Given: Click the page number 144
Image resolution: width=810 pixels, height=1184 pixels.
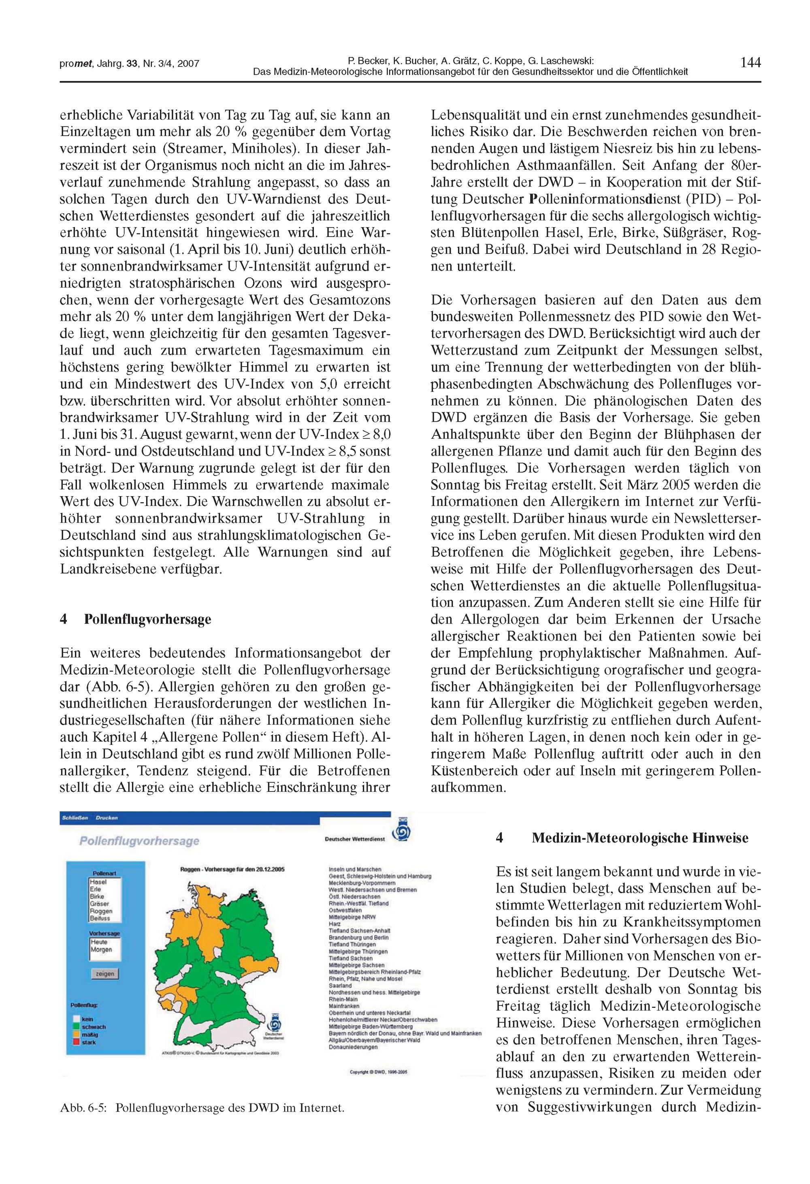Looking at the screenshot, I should [x=750, y=63].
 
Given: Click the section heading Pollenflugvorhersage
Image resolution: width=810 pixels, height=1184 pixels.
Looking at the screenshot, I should [x=147, y=619].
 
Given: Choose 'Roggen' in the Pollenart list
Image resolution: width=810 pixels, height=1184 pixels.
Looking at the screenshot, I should [x=101, y=911].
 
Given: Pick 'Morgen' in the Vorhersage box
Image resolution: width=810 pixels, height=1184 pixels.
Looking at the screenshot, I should [x=101, y=949].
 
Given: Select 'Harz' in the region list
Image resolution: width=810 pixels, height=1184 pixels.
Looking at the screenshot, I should [x=335, y=923].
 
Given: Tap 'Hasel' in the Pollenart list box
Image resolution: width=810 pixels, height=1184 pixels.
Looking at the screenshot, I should [x=98, y=881].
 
